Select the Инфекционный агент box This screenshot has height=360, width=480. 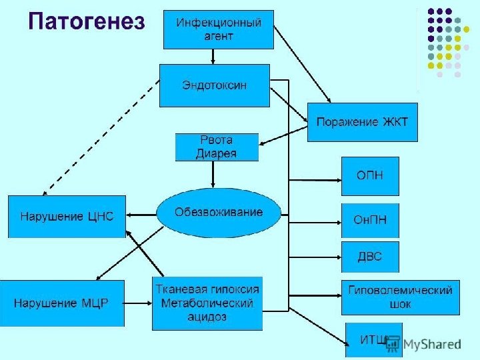tap(219, 30)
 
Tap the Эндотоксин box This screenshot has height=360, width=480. tap(214, 85)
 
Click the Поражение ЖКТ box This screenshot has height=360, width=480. tap(362, 123)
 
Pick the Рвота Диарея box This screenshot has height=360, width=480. tap(216, 147)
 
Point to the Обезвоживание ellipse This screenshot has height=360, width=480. tap(219, 213)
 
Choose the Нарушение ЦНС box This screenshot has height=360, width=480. tap(66, 217)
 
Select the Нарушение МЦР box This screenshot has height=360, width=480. tap(61, 303)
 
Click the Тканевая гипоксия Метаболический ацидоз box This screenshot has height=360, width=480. tap(207, 303)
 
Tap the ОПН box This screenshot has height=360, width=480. tap(370, 176)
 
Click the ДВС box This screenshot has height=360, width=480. tap(370, 257)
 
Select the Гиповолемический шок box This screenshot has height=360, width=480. tap(400, 297)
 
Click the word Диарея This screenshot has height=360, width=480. tap(216, 153)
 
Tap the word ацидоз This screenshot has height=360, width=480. tap(207, 317)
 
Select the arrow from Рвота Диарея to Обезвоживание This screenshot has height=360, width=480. tap(213, 175)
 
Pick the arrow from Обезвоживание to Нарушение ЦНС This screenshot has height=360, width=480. tap(141, 214)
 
